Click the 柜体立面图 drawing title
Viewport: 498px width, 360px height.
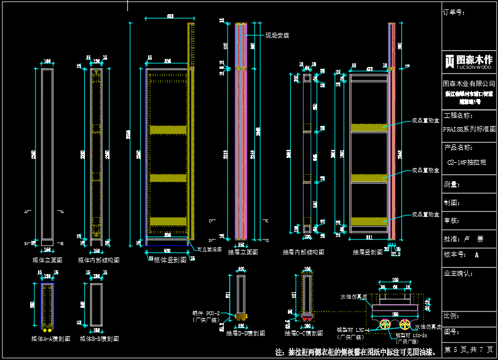pyautogui.click(x=47, y=260)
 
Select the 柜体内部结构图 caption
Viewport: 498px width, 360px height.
pyautogui.click(x=99, y=260)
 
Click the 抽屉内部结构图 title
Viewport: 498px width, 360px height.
pyautogui.click(x=303, y=252)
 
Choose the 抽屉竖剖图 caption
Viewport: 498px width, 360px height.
pyautogui.click(x=368, y=252)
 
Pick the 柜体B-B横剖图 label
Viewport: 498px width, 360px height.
pyautogui.click(x=98, y=338)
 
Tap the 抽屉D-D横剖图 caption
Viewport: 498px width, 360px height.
pyautogui.click(x=246, y=333)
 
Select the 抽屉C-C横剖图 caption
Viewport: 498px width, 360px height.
pyautogui.click(x=304, y=333)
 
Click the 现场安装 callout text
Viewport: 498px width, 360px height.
pyautogui.click(x=277, y=36)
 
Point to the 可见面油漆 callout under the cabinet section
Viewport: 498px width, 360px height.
pyautogui.click(x=210, y=249)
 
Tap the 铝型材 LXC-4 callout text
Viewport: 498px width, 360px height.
pyautogui.click(x=354, y=330)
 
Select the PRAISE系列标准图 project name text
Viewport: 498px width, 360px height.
pyautogui.click(x=469, y=130)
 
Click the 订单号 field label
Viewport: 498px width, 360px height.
pyautogui.click(x=454, y=12)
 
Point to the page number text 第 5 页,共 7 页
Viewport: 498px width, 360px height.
pyautogui.click(x=469, y=348)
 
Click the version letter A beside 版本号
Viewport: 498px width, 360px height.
pyautogui.click(x=476, y=254)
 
